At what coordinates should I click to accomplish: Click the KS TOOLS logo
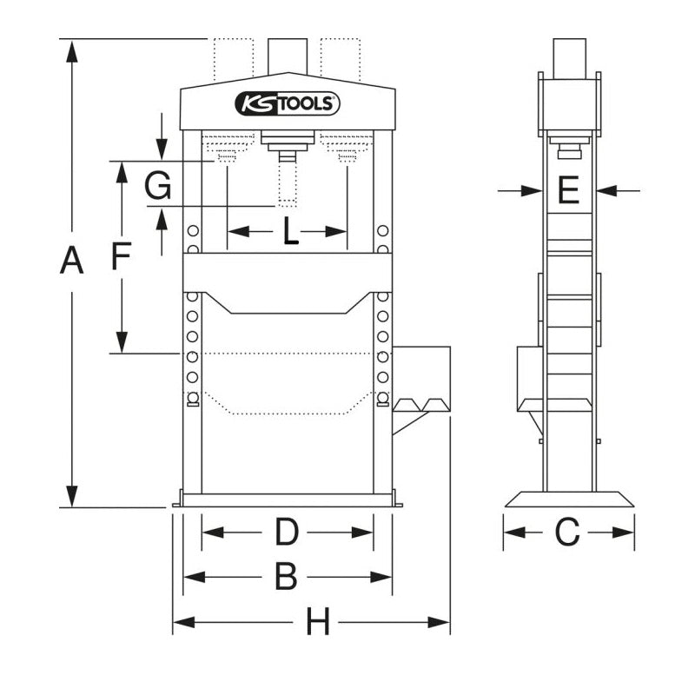coord(288,103)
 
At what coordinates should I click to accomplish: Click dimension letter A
coord(71,261)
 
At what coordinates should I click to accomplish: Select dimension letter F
coord(121,255)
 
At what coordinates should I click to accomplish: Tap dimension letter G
coord(158,185)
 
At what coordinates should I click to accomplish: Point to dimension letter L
coord(291,230)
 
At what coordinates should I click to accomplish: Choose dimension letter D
coord(287,532)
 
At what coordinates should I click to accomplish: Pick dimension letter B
coord(286,577)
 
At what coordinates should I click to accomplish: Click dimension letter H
coord(318,622)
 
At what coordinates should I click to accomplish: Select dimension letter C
coord(567,532)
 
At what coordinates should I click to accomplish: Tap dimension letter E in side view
coord(568,190)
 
